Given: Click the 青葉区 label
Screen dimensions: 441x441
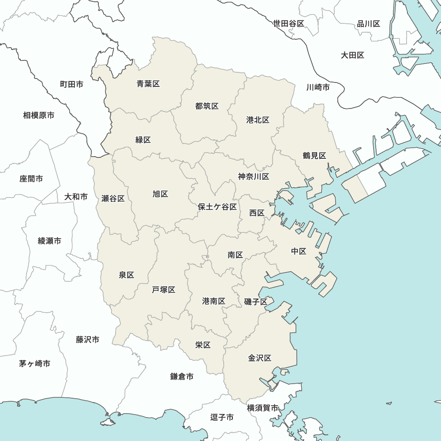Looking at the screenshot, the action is (x=148, y=84).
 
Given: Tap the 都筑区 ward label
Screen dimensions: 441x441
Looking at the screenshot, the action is (x=207, y=106).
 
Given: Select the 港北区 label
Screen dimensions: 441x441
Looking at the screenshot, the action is (x=258, y=120).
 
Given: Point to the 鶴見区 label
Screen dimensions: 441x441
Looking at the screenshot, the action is (x=314, y=156).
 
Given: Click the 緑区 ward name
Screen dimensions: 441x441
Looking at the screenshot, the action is (x=143, y=140).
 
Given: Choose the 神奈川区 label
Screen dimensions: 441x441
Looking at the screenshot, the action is (x=254, y=177).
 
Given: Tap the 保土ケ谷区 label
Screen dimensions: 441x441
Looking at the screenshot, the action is (x=217, y=207).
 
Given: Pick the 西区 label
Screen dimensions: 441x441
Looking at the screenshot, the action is (x=257, y=213).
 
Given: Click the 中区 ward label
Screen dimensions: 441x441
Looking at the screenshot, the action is (x=299, y=251).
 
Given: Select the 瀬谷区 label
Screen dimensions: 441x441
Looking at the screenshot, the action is (x=113, y=198).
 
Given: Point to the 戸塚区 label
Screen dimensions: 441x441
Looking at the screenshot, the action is (x=164, y=290).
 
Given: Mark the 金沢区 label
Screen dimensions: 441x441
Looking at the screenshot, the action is (x=259, y=358).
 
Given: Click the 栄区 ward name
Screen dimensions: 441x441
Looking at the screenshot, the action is (x=203, y=345).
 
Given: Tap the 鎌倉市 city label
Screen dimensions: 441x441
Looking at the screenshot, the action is (x=182, y=377).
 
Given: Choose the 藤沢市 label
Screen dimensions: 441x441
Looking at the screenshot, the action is (x=87, y=340).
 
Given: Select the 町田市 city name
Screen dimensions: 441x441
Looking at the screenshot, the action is (x=71, y=84).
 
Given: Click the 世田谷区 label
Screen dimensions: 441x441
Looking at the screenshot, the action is (x=289, y=24).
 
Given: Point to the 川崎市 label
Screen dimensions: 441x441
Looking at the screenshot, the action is (x=318, y=87).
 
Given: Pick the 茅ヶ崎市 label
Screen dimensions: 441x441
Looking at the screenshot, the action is (x=34, y=364).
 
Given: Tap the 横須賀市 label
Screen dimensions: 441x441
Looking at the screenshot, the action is (x=262, y=408).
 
